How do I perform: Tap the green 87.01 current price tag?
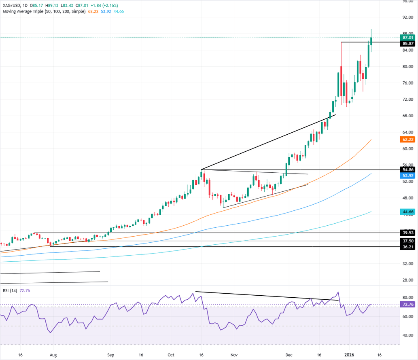(406, 37)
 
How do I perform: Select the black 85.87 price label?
(406, 43)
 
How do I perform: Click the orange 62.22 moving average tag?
(406, 140)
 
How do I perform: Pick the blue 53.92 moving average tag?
(406, 176)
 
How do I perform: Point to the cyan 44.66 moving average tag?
(406, 212)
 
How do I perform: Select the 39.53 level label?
(406, 233)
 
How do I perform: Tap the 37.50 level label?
(406, 241)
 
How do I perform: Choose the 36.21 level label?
(406, 247)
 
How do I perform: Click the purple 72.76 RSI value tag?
(406, 304)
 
